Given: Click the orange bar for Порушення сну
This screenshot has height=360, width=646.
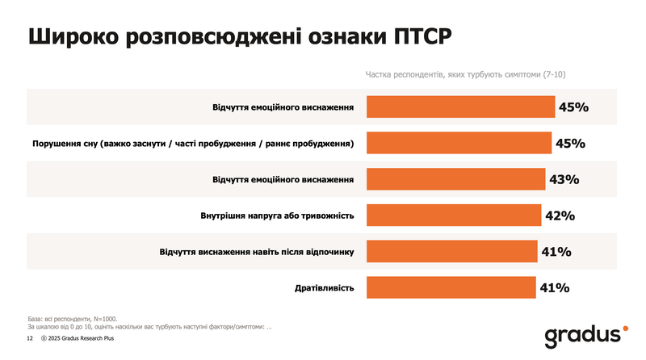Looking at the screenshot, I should [x=459, y=143].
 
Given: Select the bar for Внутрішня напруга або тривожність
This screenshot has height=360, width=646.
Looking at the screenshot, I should [x=454, y=216].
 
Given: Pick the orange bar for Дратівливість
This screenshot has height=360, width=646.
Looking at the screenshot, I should [x=451, y=287].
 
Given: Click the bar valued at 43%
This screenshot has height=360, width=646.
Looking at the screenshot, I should [x=456, y=179].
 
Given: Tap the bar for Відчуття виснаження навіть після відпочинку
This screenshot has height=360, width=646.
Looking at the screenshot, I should [x=452, y=251].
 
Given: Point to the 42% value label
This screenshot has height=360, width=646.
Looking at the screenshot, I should [x=560, y=216].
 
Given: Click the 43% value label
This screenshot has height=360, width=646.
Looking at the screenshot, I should [x=564, y=179].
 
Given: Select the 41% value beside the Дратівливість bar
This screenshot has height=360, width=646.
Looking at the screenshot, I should [x=556, y=287].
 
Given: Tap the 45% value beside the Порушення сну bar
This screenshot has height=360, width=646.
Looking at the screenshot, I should [x=570, y=143].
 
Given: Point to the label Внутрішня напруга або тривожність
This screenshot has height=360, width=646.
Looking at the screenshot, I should [x=277, y=216].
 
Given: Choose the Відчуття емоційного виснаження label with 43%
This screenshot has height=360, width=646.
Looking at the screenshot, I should [x=283, y=179].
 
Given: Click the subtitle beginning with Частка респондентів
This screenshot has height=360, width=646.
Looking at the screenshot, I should [x=465, y=74].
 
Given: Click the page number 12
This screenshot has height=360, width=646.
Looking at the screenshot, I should [x=31, y=341].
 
